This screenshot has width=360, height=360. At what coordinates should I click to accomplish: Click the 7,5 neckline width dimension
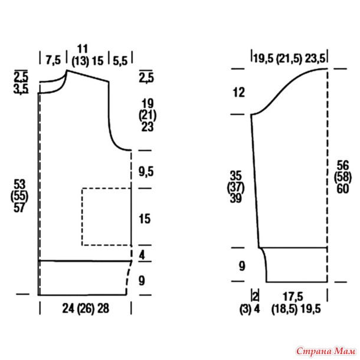(x=53, y=60)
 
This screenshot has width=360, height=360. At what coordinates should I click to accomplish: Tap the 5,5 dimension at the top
(x=120, y=61)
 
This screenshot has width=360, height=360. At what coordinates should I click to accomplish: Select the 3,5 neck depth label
(x=21, y=89)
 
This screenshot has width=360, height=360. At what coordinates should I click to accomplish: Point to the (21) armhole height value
(x=148, y=116)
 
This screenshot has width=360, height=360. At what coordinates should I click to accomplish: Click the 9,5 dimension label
(x=146, y=172)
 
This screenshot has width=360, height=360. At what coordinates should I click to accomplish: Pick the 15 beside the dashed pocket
(x=145, y=218)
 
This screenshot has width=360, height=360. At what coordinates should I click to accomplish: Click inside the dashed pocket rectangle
(x=106, y=217)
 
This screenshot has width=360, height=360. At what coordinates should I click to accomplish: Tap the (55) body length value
(x=19, y=197)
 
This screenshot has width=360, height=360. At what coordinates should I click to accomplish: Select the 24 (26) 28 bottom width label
(x=86, y=308)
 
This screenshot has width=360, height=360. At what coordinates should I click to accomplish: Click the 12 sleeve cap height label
(x=239, y=93)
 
